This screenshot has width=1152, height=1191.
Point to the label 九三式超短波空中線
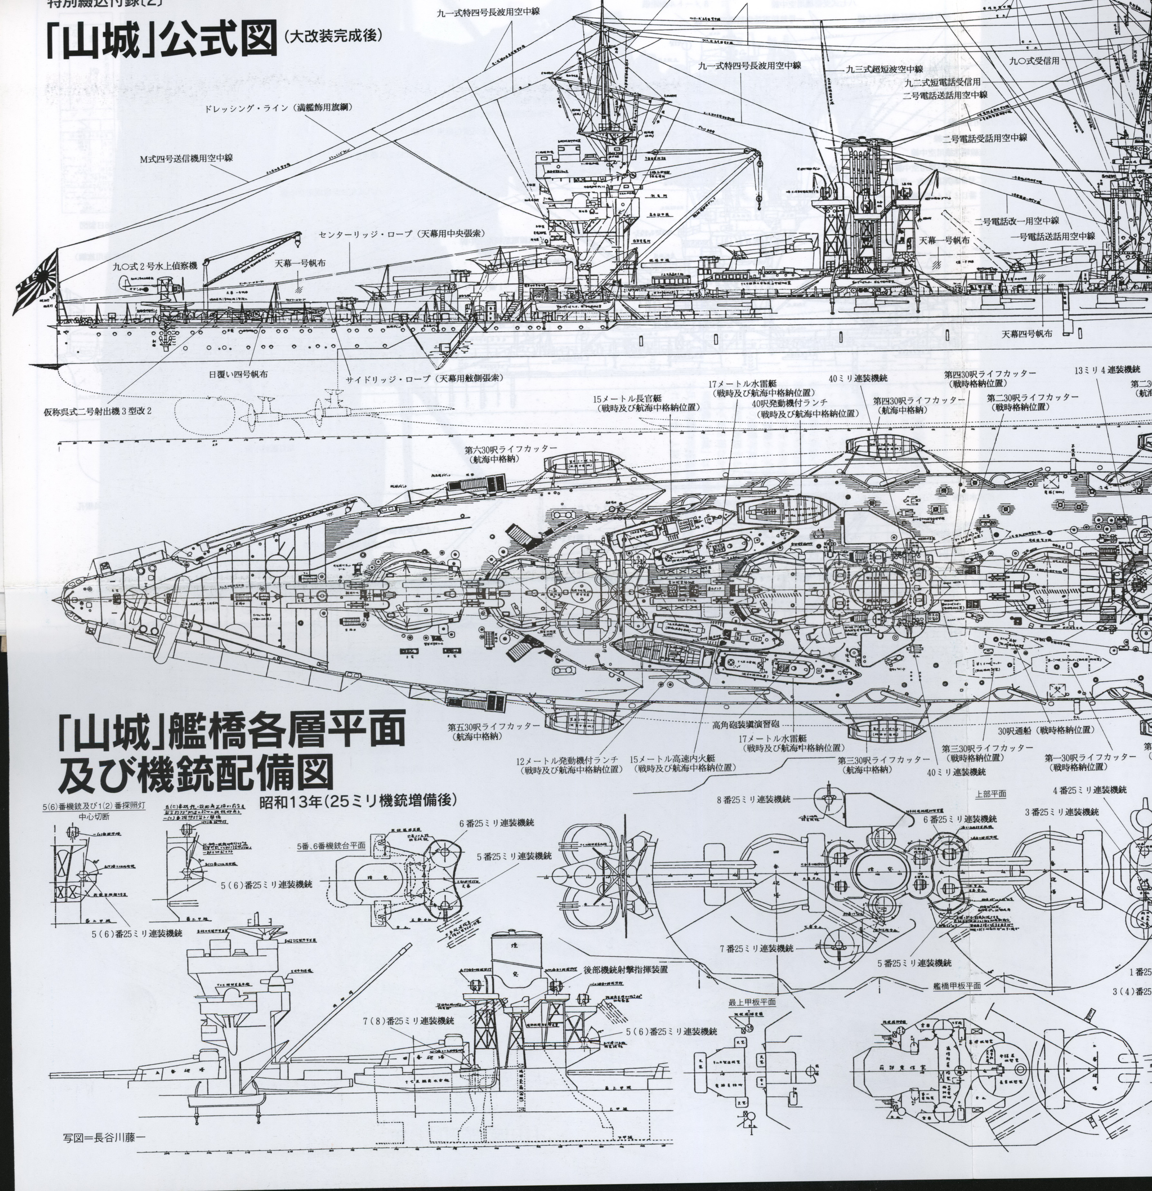point(884,69)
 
